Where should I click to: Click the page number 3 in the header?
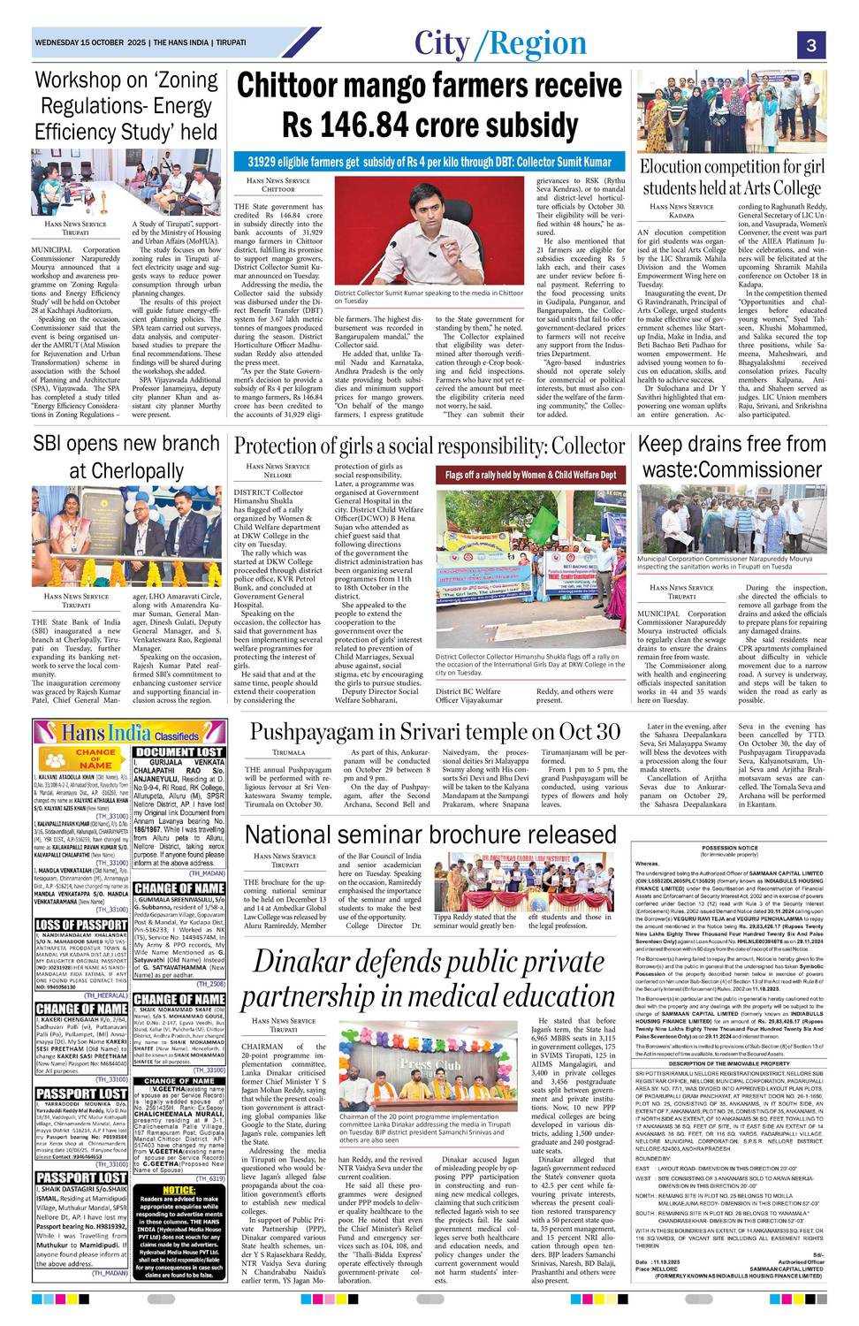click(x=810, y=44)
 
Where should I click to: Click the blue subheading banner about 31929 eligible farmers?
click(x=429, y=163)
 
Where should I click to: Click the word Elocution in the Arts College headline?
click(x=681, y=167)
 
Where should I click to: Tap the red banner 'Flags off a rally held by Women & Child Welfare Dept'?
click(x=530, y=475)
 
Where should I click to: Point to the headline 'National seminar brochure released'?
click(x=430, y=834)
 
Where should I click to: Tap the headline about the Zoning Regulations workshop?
click(x=126, y=105)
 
